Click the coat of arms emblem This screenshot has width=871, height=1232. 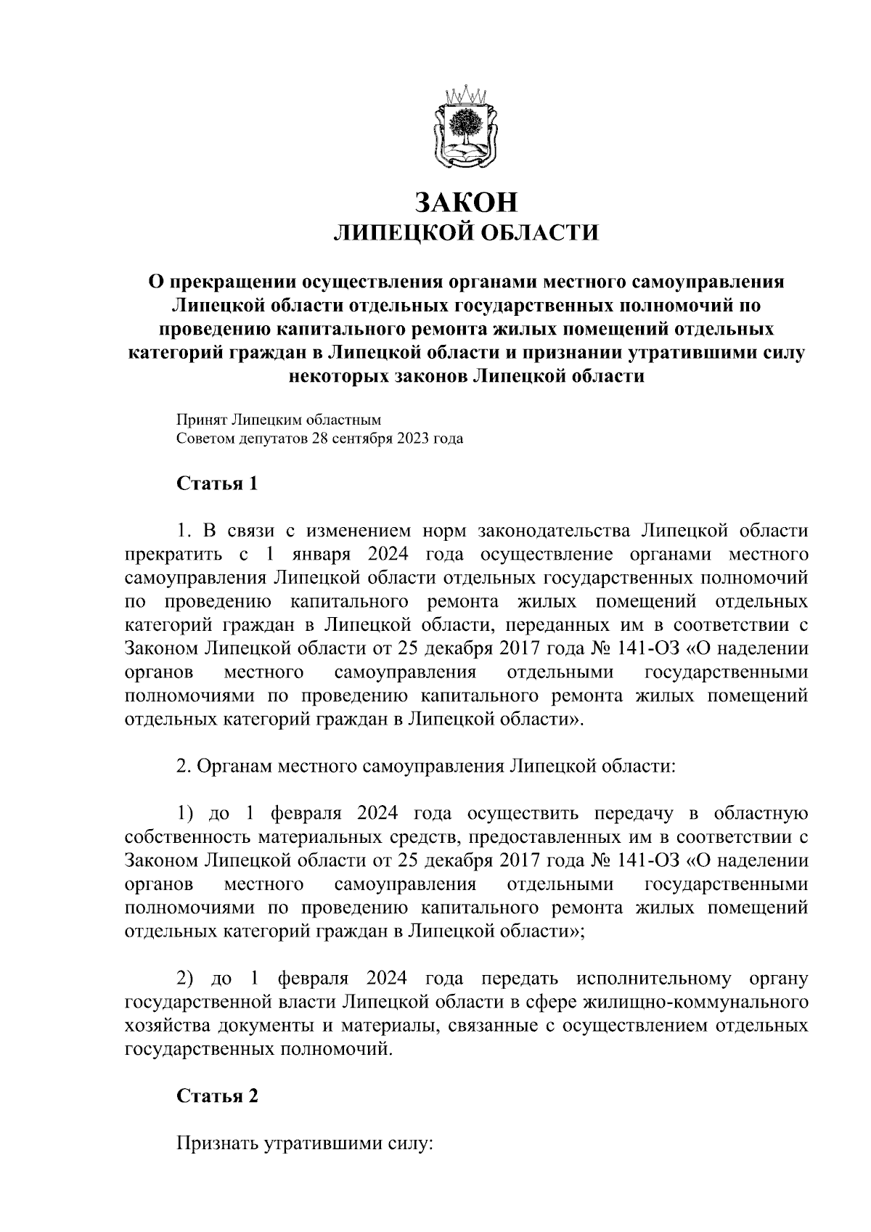466,129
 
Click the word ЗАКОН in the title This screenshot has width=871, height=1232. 466,201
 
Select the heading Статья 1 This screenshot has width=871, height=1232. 217,484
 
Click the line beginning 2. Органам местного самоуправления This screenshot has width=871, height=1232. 426,767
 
